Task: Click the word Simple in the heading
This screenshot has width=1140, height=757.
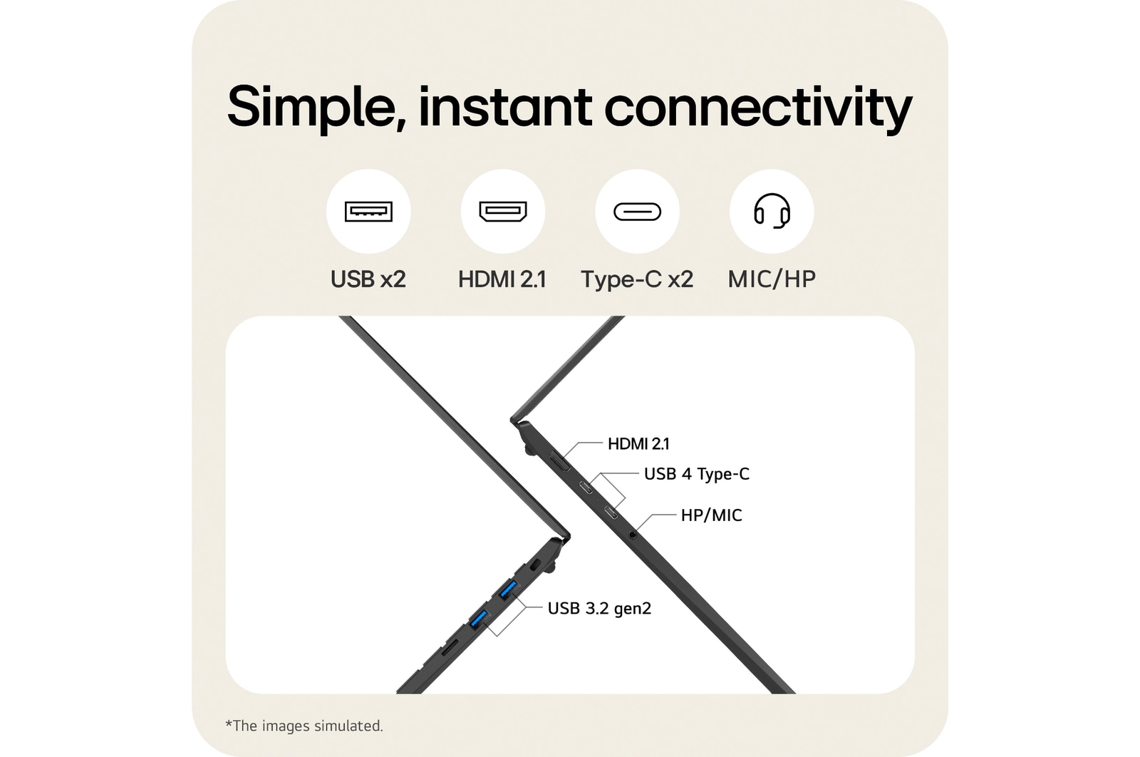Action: point(316,108)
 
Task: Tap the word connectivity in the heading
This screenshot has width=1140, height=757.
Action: point(758,108)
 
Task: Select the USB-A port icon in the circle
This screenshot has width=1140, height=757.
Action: point(368,211)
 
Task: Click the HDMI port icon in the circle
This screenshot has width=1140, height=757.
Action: point(503,211)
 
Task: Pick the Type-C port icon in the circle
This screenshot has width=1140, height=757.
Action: point(637,212)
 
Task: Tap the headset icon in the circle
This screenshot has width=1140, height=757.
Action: point(772,211)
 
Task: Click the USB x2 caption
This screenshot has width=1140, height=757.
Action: point(368,279)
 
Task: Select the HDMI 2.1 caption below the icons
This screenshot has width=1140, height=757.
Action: point(502,279)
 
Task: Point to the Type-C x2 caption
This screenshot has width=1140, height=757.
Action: point(637,279)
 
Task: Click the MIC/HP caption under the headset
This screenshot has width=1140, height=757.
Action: point(772,279)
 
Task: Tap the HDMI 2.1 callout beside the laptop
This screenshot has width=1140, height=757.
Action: point(638,444)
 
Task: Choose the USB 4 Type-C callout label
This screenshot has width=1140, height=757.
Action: point(697,474)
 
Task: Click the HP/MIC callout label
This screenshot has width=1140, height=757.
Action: point(712,515)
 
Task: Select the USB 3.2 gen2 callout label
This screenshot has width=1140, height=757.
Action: point(599,608)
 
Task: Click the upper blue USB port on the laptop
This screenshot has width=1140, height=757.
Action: point(508,590)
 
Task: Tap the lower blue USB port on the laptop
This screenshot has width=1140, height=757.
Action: point(478,619)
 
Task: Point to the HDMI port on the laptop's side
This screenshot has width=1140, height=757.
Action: point(560,461)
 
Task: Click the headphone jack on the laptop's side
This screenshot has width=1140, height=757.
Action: point(633,535)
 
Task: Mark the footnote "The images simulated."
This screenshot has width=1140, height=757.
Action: point(304,726)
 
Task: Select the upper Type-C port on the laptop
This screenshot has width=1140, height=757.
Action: point(586,487)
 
